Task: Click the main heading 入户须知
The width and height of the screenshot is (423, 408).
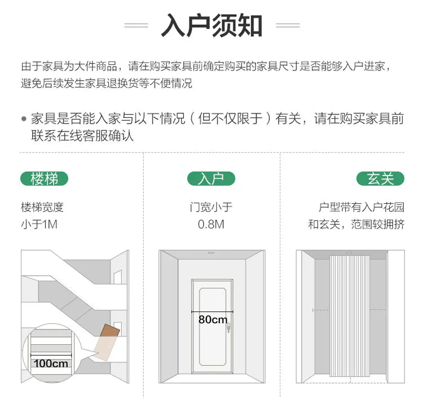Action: (x=211, y=25)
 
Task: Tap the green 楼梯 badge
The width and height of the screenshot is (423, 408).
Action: (x=44, y=179)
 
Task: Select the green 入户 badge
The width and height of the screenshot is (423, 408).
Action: (x=211, y=179)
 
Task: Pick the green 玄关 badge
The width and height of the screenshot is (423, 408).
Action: (x=380, y=179)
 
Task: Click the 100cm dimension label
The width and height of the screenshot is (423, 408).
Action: (x=51, y=363)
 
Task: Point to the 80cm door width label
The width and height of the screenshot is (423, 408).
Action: (x=213, y=319)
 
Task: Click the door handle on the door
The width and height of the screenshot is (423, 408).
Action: (x=228, y=328)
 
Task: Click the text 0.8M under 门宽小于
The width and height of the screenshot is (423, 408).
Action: (x=211, y=224)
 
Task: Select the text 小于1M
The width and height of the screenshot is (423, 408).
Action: (x=39, y=224)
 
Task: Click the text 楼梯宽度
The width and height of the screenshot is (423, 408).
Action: (x=42, y=207)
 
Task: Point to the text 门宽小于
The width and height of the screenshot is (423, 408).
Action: (x=211, y=207)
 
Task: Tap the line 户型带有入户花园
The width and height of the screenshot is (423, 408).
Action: (x=362, y=207)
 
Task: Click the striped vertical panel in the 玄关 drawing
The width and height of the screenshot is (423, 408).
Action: (x=350, y=315)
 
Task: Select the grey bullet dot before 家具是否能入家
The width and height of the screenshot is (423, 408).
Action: (x=24, y=119)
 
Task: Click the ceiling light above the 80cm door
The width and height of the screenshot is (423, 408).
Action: (x=211, y=253)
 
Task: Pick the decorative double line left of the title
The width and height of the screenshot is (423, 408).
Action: (x=136, y=25)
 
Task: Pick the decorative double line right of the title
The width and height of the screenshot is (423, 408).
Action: (x=288, y=25)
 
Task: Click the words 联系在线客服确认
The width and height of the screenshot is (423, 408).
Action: (x=82, y=135)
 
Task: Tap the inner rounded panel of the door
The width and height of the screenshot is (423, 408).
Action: (x=213, y=327)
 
